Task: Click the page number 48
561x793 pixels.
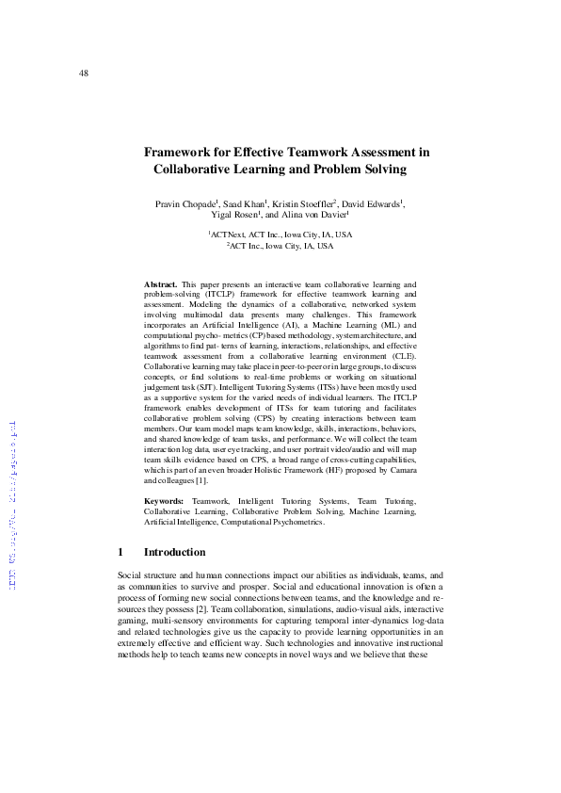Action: (84, 73)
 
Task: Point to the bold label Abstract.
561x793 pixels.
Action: (160, 283)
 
